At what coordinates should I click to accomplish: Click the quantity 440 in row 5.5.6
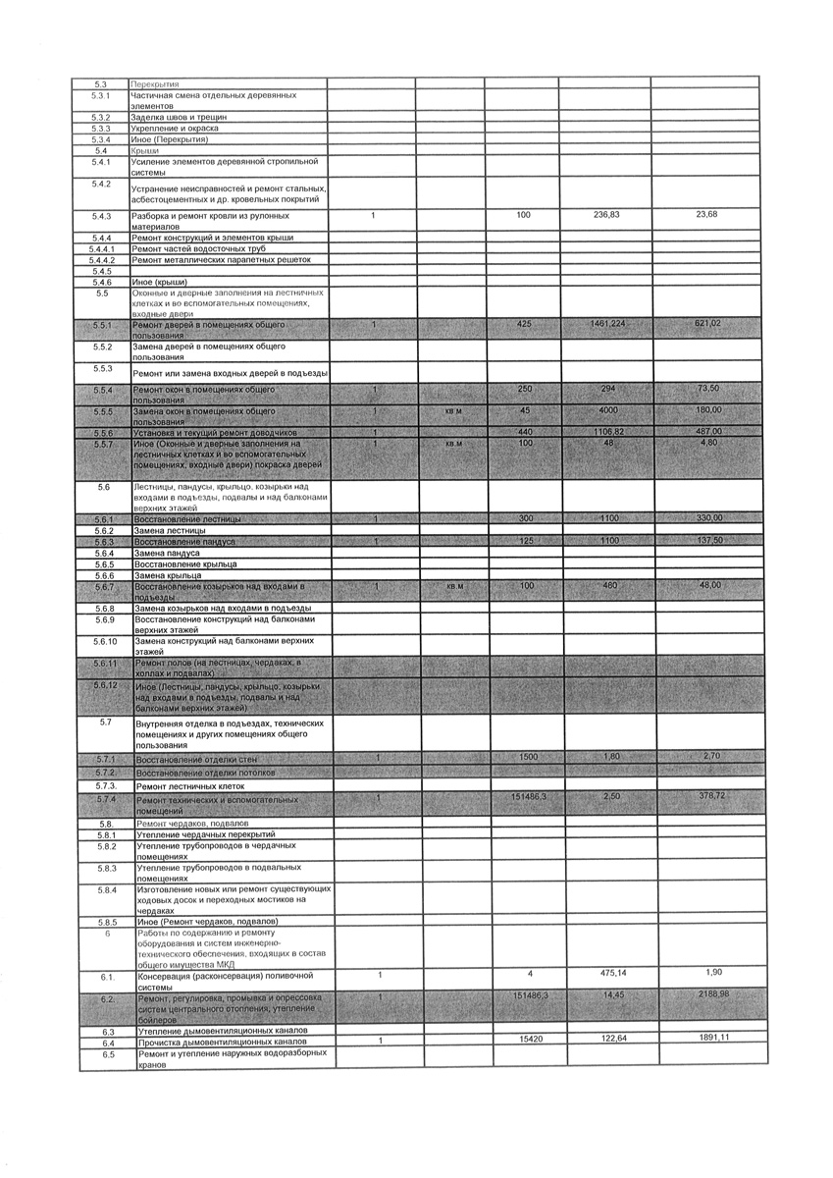pos(524,432)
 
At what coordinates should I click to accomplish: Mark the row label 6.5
pos(108,1054)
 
